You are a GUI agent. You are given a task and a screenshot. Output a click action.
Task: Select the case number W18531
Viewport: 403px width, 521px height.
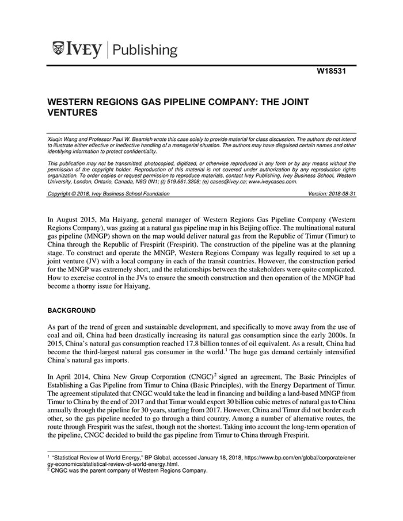point(333,72)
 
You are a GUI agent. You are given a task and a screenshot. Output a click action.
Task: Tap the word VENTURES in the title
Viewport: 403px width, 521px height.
point(72,113)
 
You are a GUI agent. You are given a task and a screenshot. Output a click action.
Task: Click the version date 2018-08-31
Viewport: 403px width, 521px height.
point(340,194)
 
